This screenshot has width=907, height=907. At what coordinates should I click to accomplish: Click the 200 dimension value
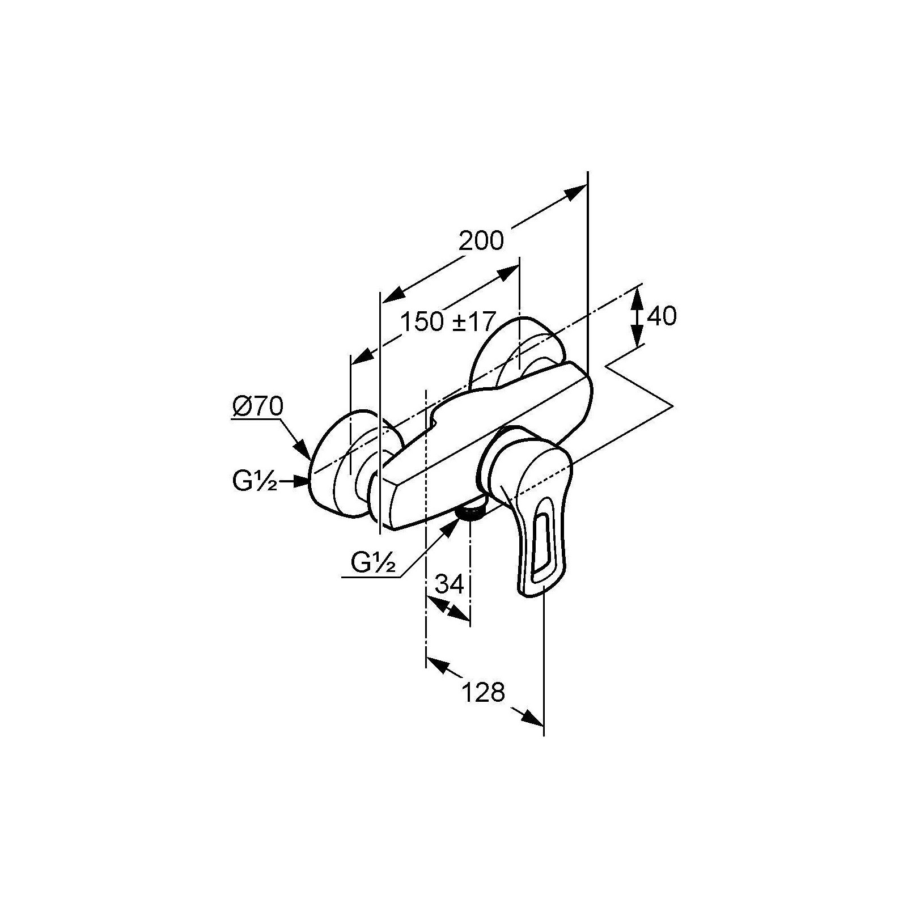pyautogui.click(x=481, y=241)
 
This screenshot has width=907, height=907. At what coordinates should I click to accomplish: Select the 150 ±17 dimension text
pyautogui.click(x=448, y=322)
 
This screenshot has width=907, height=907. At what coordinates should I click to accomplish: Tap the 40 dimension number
pyautogui.click(x=662, y=316)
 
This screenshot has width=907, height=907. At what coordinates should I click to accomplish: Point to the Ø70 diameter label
pyautogui.click(x=257, y=406)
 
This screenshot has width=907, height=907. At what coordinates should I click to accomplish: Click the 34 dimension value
pyautogui.click(x=450, y=584)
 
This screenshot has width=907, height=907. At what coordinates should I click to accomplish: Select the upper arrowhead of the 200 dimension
pyautogui.click(x=575, y=193)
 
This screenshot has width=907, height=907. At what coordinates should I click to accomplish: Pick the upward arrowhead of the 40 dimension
pyautogui.click(x=638, y=296)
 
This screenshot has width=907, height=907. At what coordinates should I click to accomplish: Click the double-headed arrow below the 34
pyautogui.click(x=448, y=609)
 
